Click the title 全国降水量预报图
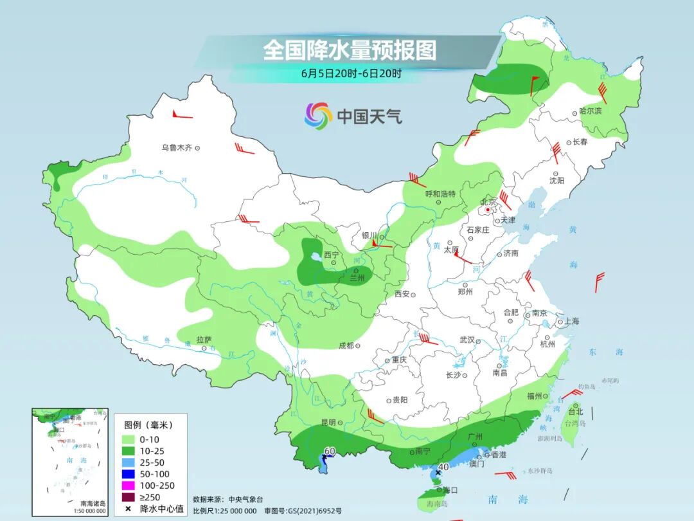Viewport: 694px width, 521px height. tap(350, 50)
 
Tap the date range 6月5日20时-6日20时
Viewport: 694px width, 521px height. tap(351, 73)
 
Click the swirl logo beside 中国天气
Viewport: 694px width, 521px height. tap(318, 116)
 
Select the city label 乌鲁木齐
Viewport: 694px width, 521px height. tap(177, 148)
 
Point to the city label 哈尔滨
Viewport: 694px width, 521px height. tap(590, 111)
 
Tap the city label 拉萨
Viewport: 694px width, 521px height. tap(204, 339)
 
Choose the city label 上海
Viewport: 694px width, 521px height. tap(572, 322)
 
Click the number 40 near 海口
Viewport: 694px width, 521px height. tap(443, 467)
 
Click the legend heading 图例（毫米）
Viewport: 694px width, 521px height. tap(148, 425)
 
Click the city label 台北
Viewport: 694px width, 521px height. tap(574, 412)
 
